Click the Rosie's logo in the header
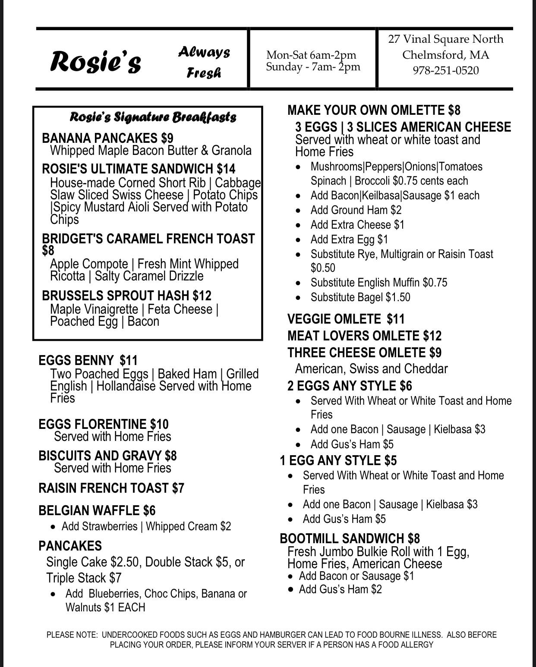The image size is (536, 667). click(x=96, y=61)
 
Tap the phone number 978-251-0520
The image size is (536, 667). click(x=446, y=70)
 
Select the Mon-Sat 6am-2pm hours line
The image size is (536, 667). click(x=311, y=55)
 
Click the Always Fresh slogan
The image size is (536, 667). click(x=204, y=62)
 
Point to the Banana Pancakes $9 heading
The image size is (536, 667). click(x=107, y=138)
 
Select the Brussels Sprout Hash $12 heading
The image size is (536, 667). click(x=126, y=296)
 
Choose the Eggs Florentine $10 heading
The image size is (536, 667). click(x=103, y=424)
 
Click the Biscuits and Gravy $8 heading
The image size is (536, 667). click(x=107, y=456)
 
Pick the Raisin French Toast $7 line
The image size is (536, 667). click(x=111, y=488)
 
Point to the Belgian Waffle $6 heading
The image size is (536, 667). click(x=97, y=511)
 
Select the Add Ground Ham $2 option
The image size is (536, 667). click(x=356, y=210)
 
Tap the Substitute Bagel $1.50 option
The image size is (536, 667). click(x=360, y=297)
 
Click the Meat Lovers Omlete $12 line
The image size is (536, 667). click(x=365, y=336)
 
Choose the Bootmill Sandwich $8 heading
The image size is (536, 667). click(x=350, y=538)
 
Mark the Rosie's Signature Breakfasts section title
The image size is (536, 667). click(x=153, y=117)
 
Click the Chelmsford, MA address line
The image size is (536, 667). click(x=446, y=55)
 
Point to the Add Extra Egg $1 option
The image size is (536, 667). click(x=349, y=239)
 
